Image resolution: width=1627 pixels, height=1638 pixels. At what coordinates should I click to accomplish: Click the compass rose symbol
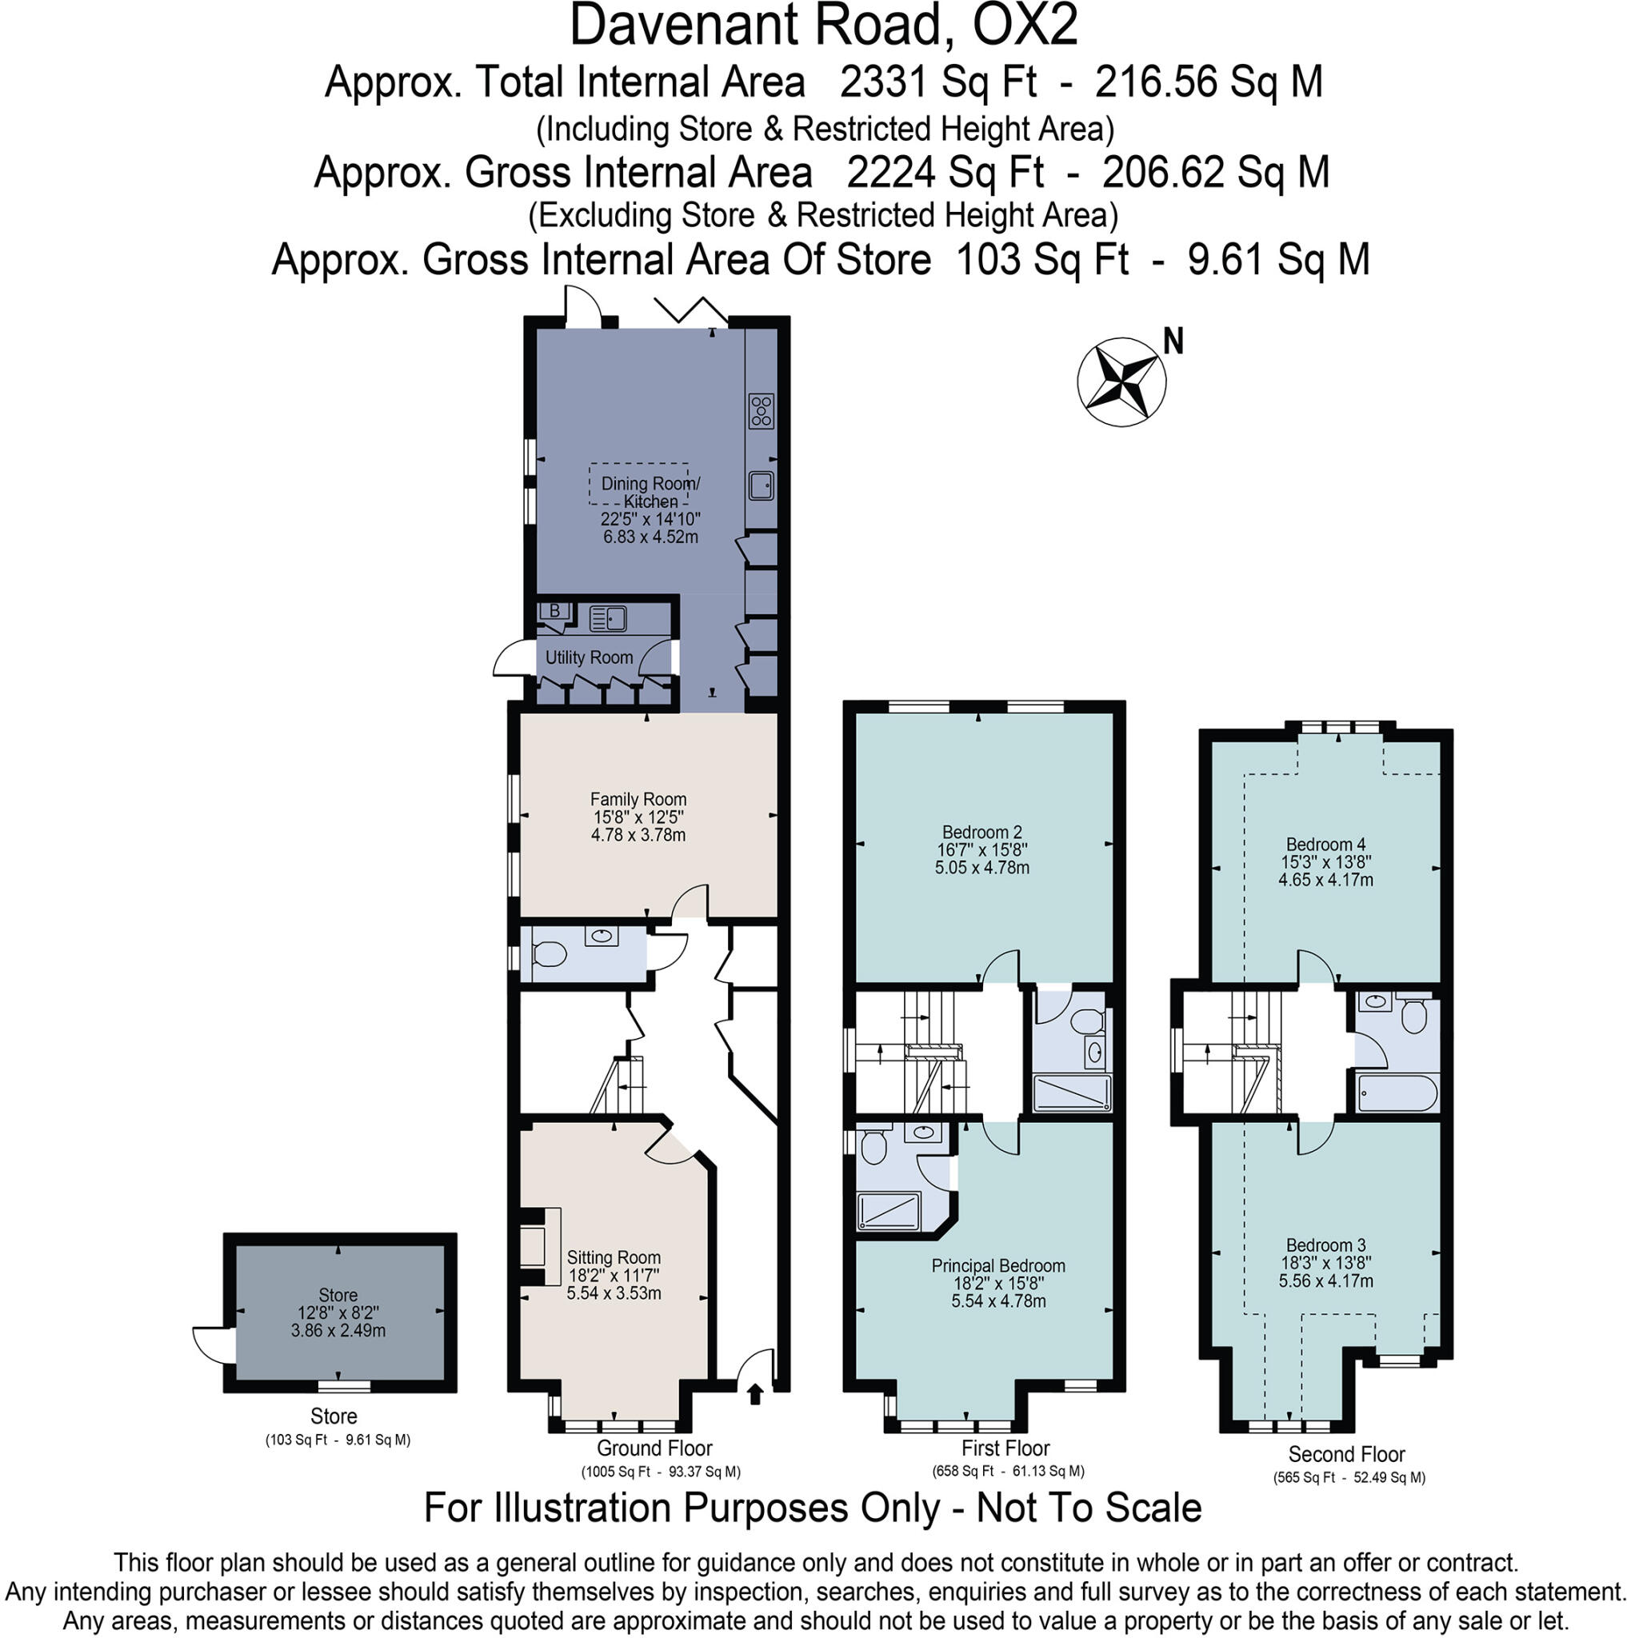(x=1121, y=382)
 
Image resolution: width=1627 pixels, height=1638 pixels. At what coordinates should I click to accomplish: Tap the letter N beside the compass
(x=1173, y=342)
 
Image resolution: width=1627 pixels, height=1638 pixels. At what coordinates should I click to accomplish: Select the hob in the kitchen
(x=761, y=410)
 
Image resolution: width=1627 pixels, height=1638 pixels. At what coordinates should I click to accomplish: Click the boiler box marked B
(x=555, y=611)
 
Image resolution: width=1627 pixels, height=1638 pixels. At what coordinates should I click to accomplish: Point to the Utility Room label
(x=590, y=657)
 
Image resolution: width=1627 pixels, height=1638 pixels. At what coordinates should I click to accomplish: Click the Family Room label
(x=638, y=799)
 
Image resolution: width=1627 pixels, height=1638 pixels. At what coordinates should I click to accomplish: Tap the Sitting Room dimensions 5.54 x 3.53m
(x=614, y=1293)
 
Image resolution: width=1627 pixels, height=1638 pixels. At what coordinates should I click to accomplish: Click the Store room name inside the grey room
(x=338, y=1295)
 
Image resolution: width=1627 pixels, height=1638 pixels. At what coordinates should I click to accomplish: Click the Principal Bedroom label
(x=998, y=1266)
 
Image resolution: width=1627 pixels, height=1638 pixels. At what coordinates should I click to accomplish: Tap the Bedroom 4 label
(x=1325, y=844)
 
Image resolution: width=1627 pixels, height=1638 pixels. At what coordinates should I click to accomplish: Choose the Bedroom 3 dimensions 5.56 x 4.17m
(x=1325, y=1280)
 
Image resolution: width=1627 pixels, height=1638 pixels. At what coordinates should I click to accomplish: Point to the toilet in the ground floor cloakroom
(x=549, y=955)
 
